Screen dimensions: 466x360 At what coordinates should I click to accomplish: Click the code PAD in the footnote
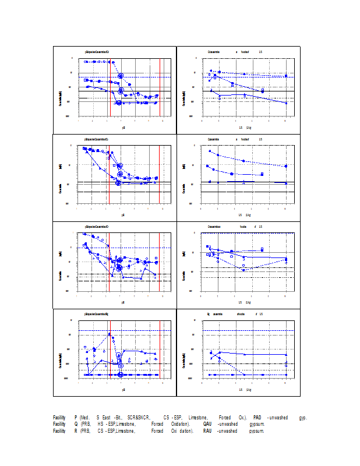257,418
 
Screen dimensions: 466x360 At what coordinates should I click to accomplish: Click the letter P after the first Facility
76,418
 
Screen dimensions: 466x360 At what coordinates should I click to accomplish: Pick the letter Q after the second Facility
76,424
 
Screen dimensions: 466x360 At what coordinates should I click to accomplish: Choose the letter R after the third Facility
76,431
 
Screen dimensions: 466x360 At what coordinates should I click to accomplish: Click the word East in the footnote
106,418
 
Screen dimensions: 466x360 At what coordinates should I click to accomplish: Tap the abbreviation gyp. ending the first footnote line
302,418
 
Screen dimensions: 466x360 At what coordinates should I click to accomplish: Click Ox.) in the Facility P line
242,418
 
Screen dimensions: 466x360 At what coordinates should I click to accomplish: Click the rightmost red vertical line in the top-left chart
160,87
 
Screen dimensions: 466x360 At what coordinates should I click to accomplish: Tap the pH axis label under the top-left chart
123,126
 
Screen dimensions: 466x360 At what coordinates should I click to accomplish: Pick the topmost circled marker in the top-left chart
121,76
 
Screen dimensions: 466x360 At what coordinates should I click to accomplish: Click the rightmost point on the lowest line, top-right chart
286,103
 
